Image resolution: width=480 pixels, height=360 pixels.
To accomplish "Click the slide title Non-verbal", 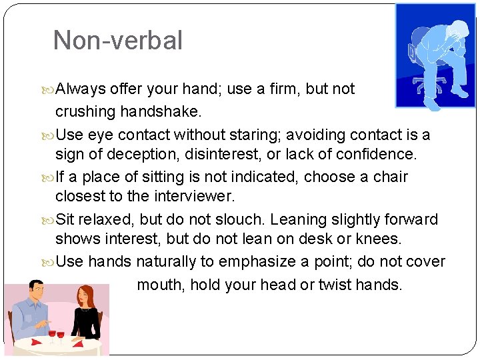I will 117,41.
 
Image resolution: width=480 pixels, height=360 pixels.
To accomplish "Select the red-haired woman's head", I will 85,295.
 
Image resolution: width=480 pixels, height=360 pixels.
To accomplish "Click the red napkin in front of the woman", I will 79,344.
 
